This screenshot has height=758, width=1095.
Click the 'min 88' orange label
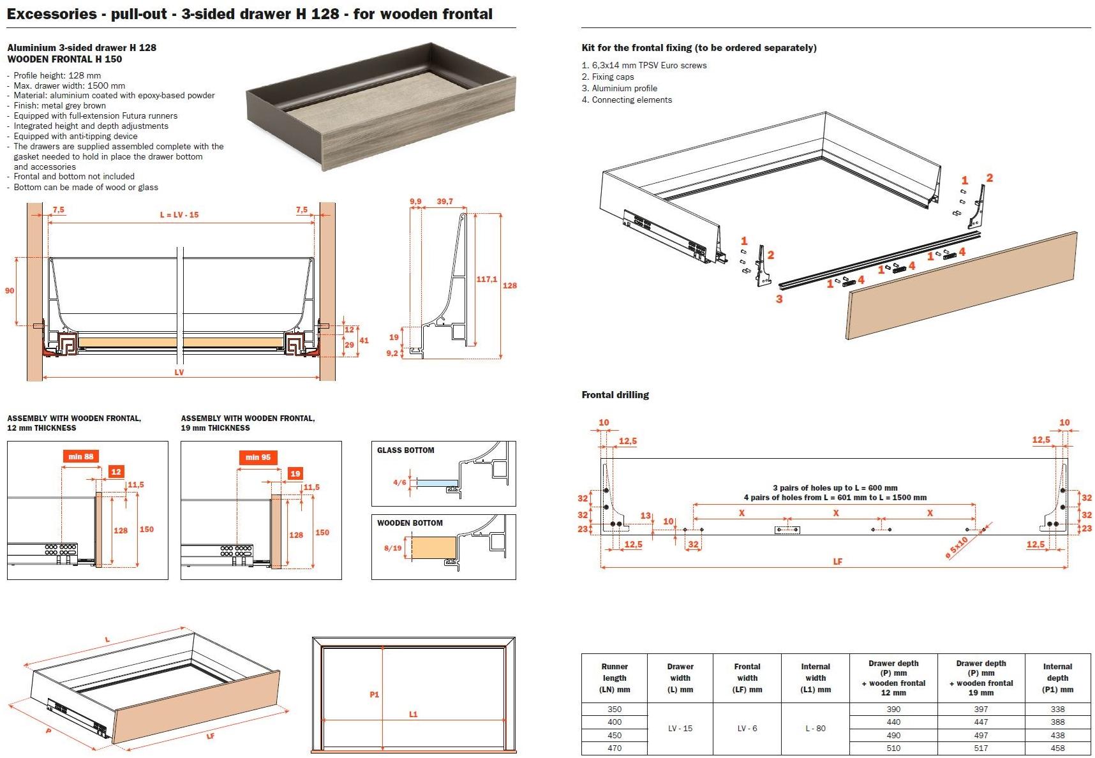(x=81, y=456)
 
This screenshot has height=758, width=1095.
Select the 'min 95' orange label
(x=258, y=457)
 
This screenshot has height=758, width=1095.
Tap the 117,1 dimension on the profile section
(x=487, y=279)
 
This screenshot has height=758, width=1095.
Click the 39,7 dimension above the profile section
(x=444, y=202)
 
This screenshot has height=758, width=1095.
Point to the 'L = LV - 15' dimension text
(x=179, y=215)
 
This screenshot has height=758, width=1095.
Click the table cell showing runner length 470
(x=614, y=748)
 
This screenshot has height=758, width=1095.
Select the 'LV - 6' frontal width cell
(x=747, y=728)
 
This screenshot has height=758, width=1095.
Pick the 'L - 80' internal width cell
(x=815, y=728)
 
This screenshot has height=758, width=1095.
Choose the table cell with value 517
(x=981, y=748)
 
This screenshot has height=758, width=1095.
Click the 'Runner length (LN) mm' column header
(x=614, y=678)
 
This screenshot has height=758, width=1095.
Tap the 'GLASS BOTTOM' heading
(x=405, y=450)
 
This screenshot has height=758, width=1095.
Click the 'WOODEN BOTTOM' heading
(x=410, y=523)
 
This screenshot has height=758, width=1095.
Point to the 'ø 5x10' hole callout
(x=957, y=548)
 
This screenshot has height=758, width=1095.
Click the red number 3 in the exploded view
(x=779, y=299)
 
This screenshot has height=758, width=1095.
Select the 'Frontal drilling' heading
(x=615, y=395)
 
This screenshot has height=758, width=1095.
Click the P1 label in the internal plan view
(x=375, y=694)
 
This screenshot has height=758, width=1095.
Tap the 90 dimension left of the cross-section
(x=10, y=291)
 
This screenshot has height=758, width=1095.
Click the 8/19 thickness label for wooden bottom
(x=392, y=548)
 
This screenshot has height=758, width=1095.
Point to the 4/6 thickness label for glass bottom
(x=399, y=482)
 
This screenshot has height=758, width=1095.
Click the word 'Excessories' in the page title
(x=51, y=14)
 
